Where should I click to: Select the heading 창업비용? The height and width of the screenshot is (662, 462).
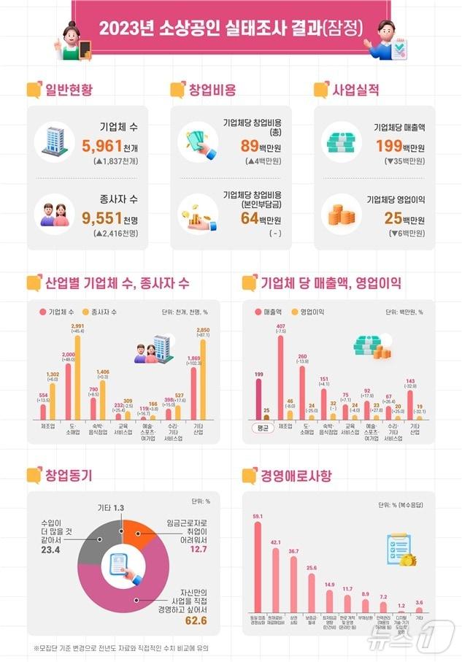point(212,90)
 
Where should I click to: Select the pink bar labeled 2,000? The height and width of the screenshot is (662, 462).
point(69,393)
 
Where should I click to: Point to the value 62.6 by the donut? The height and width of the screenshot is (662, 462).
point(196,620)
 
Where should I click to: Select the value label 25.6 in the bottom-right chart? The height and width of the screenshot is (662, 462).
point(312,566)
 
